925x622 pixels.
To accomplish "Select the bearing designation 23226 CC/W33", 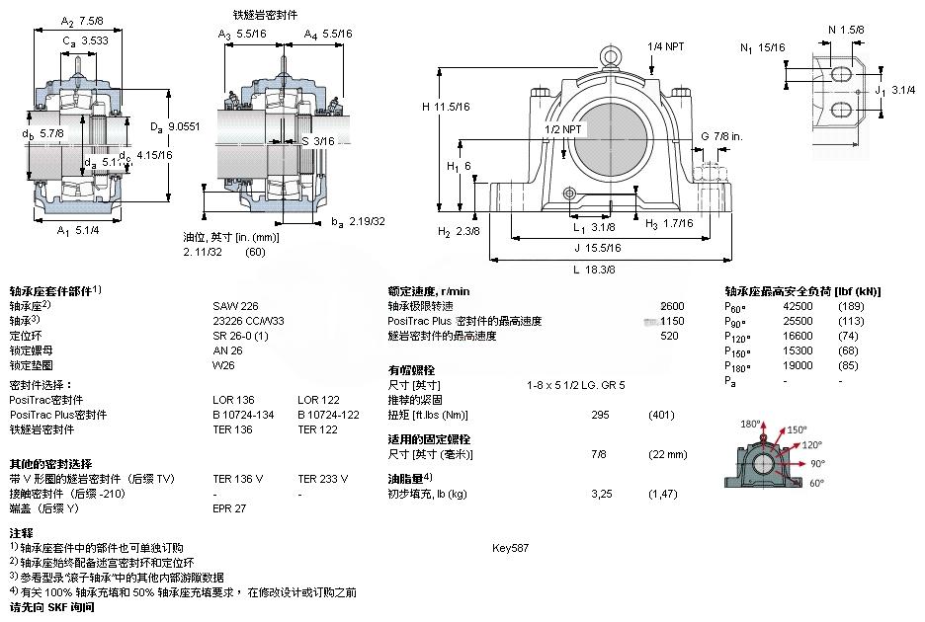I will pos(248,321).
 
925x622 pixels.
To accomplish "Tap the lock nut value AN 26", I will pos(227,350).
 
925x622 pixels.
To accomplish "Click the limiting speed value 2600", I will pos(672,306).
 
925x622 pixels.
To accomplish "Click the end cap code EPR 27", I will pos(229,508).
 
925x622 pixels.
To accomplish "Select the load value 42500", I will pos(798,306).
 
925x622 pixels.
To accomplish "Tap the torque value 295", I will pos(599,415).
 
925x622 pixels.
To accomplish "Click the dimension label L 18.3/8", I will pos(594,270).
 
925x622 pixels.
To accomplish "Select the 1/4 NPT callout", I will pos(665,46).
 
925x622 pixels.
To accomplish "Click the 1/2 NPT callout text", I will pos(564,129).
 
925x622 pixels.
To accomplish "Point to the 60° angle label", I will pos(817,484).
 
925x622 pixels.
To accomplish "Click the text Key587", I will pos(510,548).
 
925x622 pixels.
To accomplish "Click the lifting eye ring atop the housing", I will pos(611,53).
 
